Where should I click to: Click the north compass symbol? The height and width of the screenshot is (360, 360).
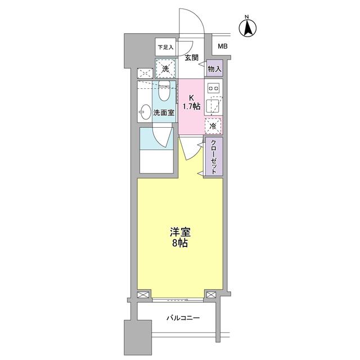point(248,26)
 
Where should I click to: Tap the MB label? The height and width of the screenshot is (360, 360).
point(223,47)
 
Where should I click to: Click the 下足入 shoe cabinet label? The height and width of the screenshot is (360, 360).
point(165,47)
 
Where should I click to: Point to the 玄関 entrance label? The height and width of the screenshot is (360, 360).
point(191,58)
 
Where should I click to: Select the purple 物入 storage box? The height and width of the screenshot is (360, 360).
point(214,68)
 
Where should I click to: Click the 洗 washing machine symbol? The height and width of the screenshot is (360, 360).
point(165,68)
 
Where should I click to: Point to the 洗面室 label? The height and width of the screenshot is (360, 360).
point(164,112)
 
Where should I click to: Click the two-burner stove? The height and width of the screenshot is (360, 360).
point(213,88)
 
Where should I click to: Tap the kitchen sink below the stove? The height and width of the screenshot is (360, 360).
point(213,106)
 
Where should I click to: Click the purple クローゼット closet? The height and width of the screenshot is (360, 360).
point(214,157)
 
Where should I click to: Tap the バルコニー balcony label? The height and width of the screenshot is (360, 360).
point(183,318)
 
